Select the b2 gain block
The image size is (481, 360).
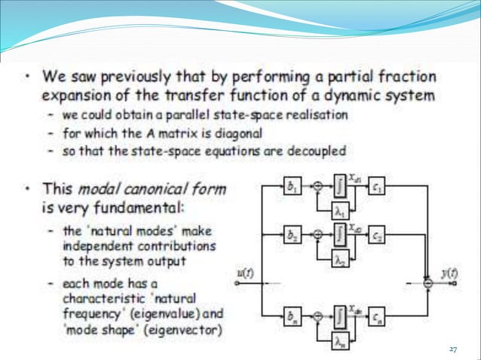[290, 235]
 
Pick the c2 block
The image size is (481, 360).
[378, 235]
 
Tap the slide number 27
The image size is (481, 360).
[453, 349]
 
